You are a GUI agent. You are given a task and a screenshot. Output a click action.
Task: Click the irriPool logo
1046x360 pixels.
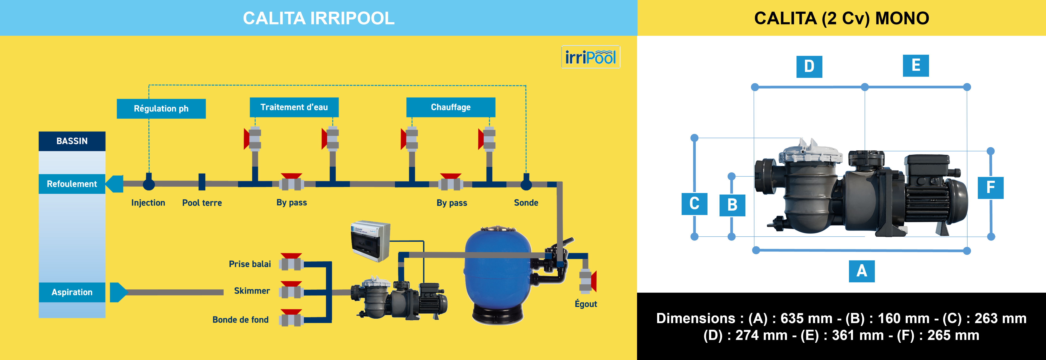click(590, 57)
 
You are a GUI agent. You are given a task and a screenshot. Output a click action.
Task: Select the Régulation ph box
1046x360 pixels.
click(161, 108)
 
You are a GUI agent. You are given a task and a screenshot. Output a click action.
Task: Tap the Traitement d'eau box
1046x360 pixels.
click(294, 107)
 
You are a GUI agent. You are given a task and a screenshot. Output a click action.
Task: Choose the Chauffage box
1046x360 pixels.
click(451, 107)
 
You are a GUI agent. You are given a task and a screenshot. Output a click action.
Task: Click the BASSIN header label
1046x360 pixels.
click(72, 141)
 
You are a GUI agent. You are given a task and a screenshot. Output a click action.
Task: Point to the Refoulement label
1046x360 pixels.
click(72, 184)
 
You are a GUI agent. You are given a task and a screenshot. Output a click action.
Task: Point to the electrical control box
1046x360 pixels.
click(370, 241)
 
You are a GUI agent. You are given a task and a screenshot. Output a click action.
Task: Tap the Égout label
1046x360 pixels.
click(586, 304)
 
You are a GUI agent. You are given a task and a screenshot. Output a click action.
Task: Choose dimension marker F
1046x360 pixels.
click(990, 187)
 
